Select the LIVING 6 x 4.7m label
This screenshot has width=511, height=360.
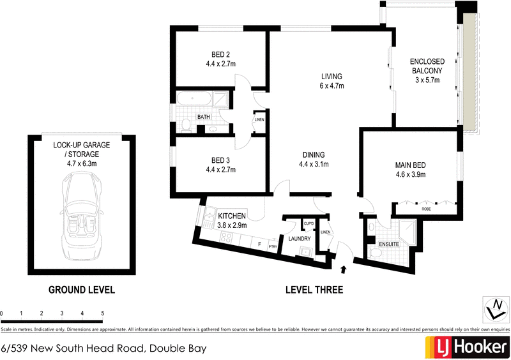tap(332, 82)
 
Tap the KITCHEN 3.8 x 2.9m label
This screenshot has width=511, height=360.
tap(232, 220)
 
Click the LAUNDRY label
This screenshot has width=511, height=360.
tap(300, 239)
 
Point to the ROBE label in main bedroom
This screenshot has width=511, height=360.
tap(425, 209)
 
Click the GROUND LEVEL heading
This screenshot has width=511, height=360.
tap(82, 290)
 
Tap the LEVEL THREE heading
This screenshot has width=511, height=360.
tap(314, 290)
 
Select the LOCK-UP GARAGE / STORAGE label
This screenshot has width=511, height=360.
tap(82, 149)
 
